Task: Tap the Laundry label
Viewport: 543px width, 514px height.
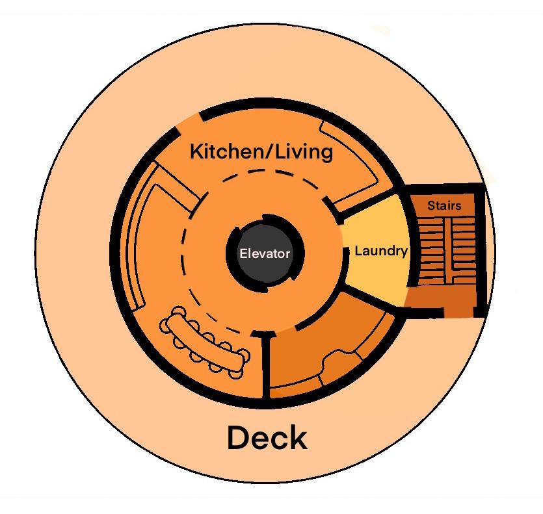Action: (381, 251)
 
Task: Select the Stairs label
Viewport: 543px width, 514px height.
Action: (444, 206)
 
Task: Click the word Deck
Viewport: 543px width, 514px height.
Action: (267, 438)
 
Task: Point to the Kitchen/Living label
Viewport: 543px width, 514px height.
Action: (261, 152)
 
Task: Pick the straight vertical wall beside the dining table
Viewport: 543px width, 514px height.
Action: (265, 367)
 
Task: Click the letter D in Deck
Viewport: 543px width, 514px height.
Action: (239, 438)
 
